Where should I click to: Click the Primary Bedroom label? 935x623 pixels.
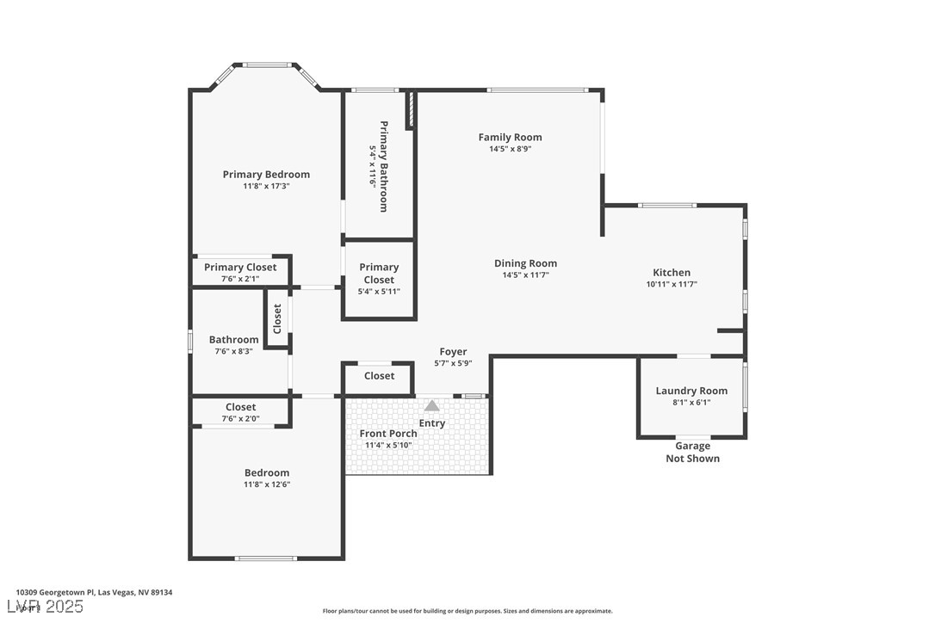click(x=266, y=175)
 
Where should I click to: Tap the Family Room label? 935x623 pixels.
click(x=510, y=137)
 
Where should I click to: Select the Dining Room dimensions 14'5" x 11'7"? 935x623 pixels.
click(x=525, y=275)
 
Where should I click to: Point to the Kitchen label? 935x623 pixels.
click(x=671, y=273)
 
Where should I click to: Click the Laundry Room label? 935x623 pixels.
click(x=691, y=391)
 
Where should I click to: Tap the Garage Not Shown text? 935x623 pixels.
click(x=692, y=452)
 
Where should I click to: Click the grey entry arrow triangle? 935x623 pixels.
click(x=432, y=405)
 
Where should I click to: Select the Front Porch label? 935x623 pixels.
click(x=387, y=434)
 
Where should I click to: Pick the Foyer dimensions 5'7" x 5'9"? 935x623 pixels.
click(x=453, y=363)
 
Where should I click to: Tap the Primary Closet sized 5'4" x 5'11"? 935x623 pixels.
click(x=379, y=273)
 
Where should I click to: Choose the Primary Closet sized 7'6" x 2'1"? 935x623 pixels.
click(x=240, y=268)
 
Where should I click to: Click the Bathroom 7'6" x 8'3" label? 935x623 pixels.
click(x=233, y=340)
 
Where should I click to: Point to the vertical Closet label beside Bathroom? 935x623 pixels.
click(x=277, y=318)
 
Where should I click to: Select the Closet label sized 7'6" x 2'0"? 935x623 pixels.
click(x=240, y=407)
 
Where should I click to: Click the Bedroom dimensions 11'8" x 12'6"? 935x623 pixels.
click(x=267, y=484)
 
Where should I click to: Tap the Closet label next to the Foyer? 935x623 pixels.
click(x=379, y=376)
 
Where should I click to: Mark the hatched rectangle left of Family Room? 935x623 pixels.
click(x=412, y=110)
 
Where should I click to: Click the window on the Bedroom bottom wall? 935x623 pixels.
click(x=266, y=558)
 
